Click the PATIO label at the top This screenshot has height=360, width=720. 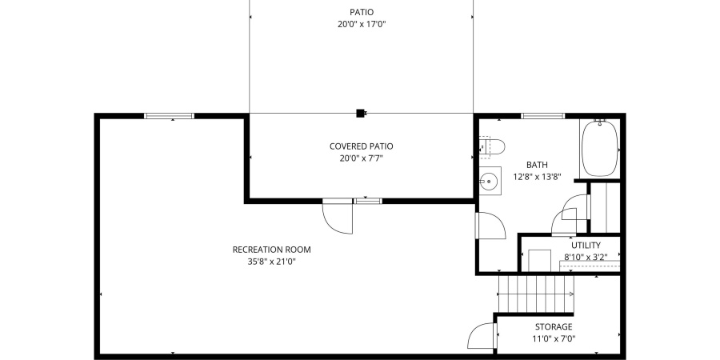[x=362, y=12]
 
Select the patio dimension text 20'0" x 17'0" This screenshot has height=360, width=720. [x=362, y=24]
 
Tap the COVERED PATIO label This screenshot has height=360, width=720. [x=362, y=146]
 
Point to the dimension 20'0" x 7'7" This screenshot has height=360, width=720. [x=362, y=158]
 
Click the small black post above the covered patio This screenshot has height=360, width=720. [x=361, y=113]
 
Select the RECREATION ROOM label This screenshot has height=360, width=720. [x=271, y=250]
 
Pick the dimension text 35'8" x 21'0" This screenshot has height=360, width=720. [x=271, y=262]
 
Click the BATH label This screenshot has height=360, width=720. [x=536, y=165]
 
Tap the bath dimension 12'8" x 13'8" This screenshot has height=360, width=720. [x=536, y=177]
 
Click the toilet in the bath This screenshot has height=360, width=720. [x=491, y=146]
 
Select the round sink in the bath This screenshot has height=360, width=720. [x=489, y=181]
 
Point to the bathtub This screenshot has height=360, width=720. [x=598, y=148]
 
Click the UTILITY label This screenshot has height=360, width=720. [x=586, y=245]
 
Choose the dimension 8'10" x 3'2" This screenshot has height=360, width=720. [x=586, y=257]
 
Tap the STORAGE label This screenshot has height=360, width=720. [x=554, y=326]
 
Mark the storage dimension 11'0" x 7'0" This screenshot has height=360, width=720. [x=554, y=338]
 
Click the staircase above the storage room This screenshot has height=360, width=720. [x=537, y=294]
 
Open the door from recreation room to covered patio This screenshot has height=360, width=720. [x=338, y=217]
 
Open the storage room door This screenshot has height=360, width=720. [x=482, y=336]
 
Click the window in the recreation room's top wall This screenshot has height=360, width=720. [x=169, y=116]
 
